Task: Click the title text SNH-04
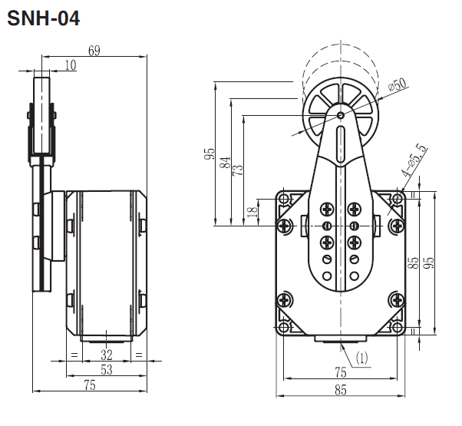click(43, 17)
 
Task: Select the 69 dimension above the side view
click(94, 51)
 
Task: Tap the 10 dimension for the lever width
click(70, 65)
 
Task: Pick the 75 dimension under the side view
click(89, 386)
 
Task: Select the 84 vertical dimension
click(224, 163)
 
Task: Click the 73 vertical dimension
click(238, 168)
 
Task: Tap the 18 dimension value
click(252, 213)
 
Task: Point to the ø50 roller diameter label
click(398, 85)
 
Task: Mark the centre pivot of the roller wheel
click(342, 114)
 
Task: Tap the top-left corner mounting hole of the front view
click(285, 200)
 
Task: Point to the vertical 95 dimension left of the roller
click(209, 155)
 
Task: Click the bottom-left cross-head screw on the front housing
click(286, 301)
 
